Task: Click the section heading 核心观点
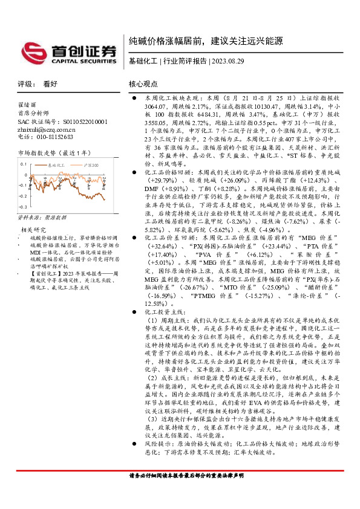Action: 143,85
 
